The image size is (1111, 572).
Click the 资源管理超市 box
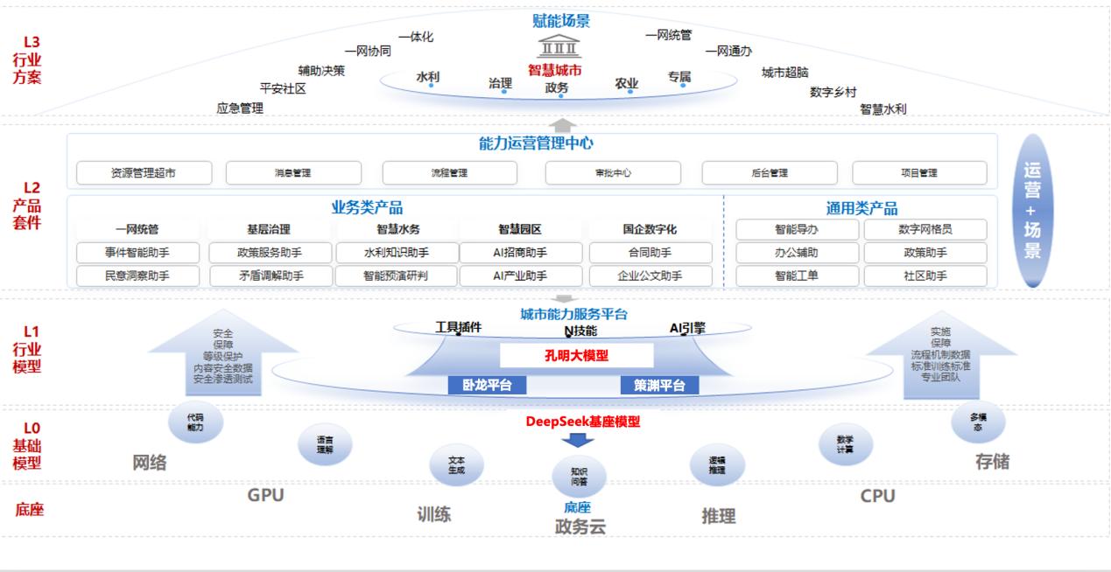[x=144, y=173]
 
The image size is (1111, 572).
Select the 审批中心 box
[x=613, y=173]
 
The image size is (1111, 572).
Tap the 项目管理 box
[x=919, y=173]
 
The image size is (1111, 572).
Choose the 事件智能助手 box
[x=137, y=253]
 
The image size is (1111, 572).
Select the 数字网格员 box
[x=925, y=230]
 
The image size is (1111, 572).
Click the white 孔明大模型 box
[x=576, y=356]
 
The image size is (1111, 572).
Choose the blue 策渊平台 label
[x=659, y=385]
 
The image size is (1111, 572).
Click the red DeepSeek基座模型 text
[x=582, y=422]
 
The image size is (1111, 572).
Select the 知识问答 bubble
[x=579, y=476]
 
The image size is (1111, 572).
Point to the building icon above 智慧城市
[x=560, y=46]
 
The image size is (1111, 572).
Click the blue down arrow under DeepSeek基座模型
[x=578, y=440]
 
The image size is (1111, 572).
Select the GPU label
[x=265, y=495]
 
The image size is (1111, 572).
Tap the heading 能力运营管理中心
[x=536, y=143]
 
